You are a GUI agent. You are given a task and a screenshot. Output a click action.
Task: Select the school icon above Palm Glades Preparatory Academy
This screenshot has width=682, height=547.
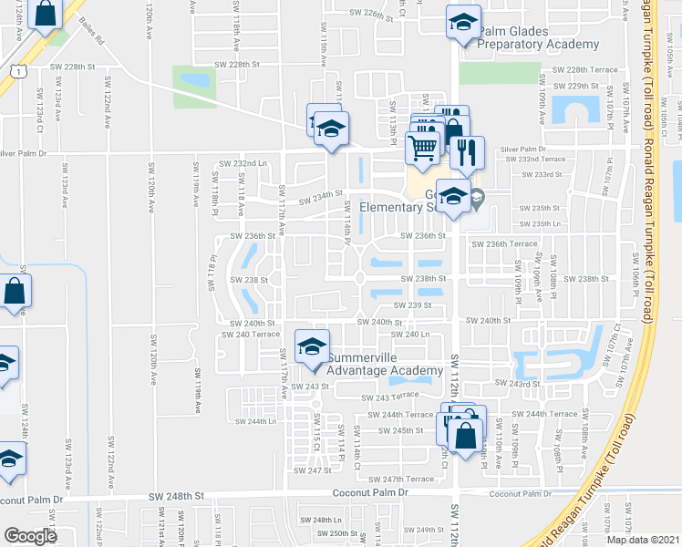463,22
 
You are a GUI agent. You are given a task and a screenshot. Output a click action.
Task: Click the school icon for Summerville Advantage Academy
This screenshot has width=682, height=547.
311,346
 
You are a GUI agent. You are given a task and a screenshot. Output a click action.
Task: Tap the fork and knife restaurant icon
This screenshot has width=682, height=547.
467,152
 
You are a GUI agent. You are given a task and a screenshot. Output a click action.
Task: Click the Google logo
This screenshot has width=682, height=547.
30,536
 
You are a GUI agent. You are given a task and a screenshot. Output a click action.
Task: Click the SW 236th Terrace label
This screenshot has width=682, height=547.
504,243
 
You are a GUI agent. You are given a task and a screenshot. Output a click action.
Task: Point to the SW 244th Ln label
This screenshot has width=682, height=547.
255,421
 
